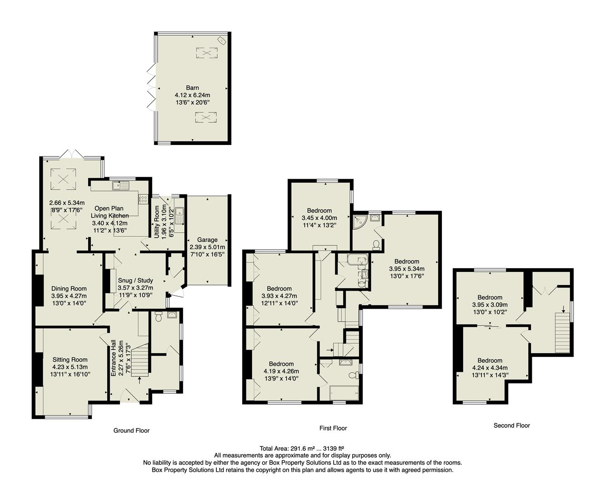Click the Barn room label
(192, 88)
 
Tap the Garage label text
(207, 240)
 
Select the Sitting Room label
(70, 360)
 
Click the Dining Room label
(69, 288)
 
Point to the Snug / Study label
(135, 281)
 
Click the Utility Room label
(157, 222)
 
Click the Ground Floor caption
(131, 430)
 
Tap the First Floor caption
(333, 428)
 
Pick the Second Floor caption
(511, 426)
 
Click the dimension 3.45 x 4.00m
(320, 218)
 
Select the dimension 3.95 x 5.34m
(406, 269)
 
